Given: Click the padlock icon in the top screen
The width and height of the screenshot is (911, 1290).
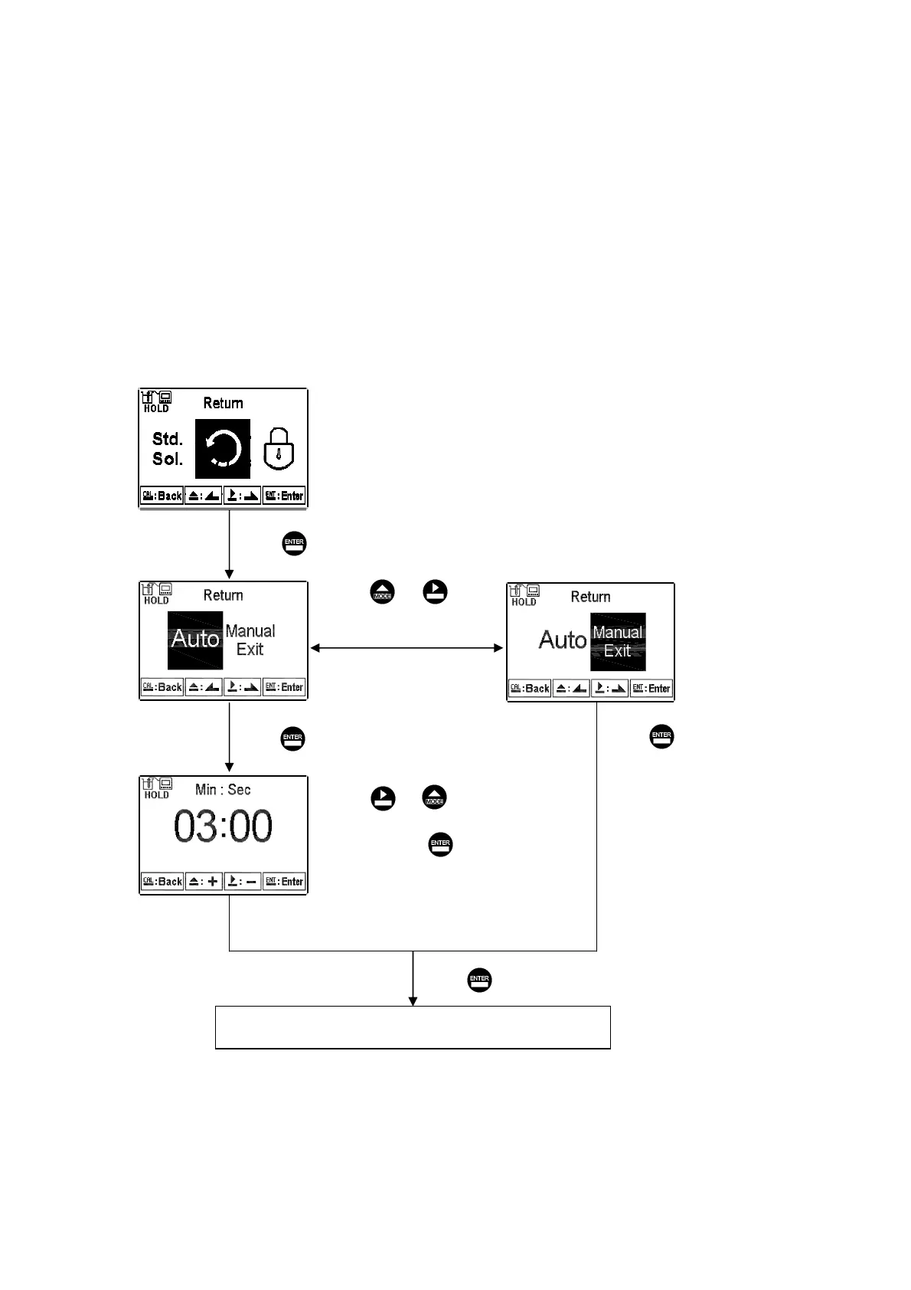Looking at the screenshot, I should [279, 450].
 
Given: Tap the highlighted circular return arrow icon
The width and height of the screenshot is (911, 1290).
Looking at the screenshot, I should [223, 449].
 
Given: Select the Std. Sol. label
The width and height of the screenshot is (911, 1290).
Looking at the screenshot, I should [168, 449].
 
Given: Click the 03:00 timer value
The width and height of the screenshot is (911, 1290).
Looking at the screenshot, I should [223, 827].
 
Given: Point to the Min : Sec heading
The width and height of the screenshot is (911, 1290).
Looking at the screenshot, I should [223, 790].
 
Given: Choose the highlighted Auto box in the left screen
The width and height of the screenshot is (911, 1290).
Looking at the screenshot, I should [195, 639].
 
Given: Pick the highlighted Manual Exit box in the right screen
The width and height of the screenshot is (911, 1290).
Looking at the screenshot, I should [618, 642].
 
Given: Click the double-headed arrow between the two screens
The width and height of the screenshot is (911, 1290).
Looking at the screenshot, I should [407, 648].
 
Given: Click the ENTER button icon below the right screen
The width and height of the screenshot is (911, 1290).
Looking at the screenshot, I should [661, 736].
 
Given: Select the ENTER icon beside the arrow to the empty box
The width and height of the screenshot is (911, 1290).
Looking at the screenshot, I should [479, 980].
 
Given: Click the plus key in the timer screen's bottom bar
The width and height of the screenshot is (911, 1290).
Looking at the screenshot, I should [204, 882].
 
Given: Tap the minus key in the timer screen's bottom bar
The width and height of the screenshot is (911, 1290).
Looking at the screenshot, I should [243, 882].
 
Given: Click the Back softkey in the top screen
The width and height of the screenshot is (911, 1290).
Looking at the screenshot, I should [162, 496].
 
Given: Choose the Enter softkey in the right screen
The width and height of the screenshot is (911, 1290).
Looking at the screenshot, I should [651, 689].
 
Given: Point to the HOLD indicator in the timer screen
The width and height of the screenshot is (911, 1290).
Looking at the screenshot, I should [156, 794].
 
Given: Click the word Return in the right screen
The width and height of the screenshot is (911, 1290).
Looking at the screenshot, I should [590, 597].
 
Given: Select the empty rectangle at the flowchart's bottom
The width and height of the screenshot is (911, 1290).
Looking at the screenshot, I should [413, 1027].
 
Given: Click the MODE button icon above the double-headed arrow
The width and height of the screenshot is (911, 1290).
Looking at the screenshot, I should [383, 593].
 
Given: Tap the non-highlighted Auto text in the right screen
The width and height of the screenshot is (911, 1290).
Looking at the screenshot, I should [563, 640].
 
